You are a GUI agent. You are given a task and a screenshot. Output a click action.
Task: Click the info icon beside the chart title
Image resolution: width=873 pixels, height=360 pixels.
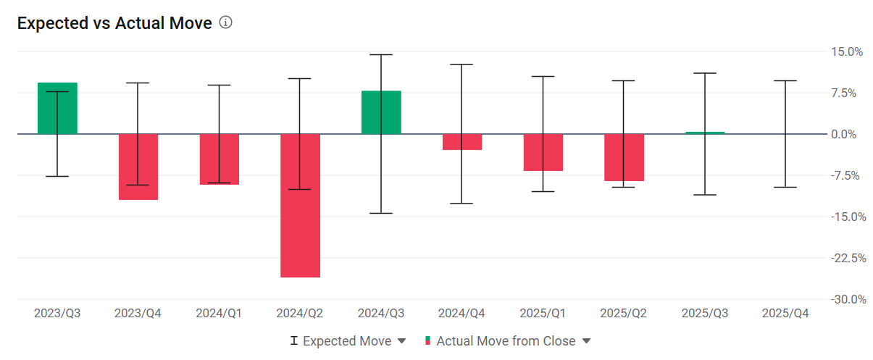click(225, 22)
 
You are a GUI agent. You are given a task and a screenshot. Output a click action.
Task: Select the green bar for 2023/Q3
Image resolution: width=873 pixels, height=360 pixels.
click(57, 109)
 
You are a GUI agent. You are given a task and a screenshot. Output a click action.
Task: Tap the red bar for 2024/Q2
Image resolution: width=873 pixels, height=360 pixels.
click(300, 206)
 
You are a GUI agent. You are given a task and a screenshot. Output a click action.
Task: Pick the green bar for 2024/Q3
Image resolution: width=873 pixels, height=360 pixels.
click(381, 112)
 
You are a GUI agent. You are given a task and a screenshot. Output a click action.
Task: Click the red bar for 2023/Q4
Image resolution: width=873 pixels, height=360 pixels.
click(138, 167)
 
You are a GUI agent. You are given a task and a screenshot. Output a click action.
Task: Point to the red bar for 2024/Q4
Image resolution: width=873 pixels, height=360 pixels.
click(462, 142)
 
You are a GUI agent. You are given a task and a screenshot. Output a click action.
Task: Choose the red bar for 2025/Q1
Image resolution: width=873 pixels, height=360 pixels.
click(543, 152)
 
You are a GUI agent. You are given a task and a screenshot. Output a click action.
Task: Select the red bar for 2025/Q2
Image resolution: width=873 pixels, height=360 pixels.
click(624, 157)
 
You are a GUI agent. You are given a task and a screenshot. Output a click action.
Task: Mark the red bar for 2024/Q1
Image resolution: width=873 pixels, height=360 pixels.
click(220, 159)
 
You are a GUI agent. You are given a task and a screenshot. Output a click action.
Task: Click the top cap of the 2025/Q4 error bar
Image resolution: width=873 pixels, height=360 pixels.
click(785, 80)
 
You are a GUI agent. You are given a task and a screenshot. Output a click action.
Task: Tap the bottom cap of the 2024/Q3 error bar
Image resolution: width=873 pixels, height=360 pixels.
click(381, 213)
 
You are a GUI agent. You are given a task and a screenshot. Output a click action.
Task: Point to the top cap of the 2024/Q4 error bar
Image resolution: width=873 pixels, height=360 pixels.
click(461, 64)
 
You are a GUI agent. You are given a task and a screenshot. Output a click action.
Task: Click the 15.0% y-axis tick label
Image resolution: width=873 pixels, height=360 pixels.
click(847, 52)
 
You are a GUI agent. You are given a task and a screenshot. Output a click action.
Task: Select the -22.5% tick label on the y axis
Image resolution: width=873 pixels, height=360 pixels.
click(848, 258)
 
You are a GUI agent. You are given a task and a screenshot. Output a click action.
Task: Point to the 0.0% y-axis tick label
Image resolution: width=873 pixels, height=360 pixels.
click(844, 135)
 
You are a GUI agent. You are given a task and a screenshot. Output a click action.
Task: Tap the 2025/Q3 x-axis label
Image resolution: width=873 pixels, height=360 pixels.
click(705, 313)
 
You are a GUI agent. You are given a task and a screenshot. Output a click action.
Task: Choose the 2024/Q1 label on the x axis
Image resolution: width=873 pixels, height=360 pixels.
click(219, 313)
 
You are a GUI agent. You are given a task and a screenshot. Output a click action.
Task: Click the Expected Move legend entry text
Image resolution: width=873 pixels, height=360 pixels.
click(347, 341)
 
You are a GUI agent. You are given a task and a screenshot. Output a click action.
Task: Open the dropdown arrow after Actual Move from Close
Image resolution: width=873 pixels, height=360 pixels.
click(587, 341)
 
